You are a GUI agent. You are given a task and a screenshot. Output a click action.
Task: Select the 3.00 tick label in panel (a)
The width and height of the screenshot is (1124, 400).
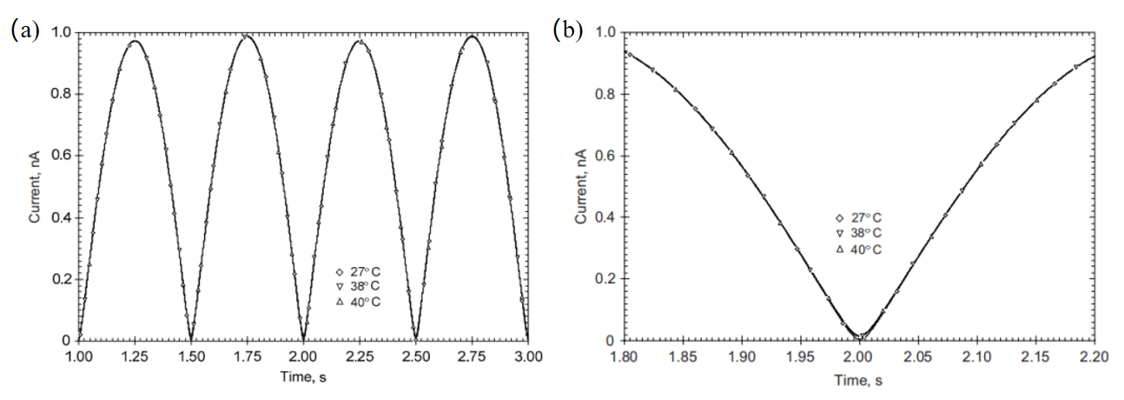click(527, 357)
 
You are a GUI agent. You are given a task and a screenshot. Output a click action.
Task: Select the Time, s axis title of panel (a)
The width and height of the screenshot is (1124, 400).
click(303, 377)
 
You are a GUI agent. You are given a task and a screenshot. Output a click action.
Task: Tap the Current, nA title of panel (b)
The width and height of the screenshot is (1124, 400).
click(581, 186)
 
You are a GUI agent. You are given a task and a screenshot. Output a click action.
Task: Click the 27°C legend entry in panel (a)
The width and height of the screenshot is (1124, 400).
click(363, 270)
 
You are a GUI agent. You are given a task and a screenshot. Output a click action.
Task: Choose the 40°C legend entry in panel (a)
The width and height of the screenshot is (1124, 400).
click(363, 302)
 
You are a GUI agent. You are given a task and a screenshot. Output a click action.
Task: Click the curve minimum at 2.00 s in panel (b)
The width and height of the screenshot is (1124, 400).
click(859, 337)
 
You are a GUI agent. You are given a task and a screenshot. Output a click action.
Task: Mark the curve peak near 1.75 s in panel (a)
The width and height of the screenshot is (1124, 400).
click(248, 37)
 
